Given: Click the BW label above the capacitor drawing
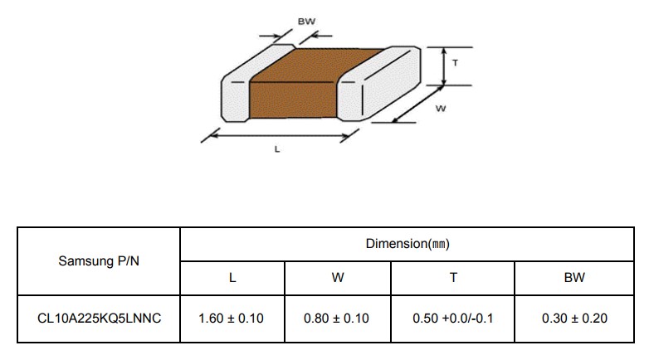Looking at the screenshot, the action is click(x=306, y=22).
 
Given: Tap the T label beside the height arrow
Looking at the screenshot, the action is click(x=456, y=63).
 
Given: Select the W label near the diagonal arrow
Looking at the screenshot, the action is click(x=441, y=109).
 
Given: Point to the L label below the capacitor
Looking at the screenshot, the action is click(x=277, y=149).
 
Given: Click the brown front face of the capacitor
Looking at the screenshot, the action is click(x=293, y=100).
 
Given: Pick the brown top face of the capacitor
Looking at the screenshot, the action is click(x=317, y=65).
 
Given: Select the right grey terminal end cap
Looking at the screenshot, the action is click(x=378, y=84).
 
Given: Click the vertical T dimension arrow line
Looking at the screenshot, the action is click(x=444, y=66).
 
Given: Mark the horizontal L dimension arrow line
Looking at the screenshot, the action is click(x=281, y=135).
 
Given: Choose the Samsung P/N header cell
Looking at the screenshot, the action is click(x=99, y=261).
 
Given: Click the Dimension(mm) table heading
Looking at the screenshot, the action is click(x=407, y=244).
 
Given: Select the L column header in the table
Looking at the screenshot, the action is click(x=232, y=278).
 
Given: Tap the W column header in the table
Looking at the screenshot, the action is click(x=338, y=278).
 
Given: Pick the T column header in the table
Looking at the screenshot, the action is click(x=453, y=278).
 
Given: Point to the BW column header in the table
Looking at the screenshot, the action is click(x=574, y=278).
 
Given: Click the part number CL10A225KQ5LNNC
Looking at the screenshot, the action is click(x=99, y=319).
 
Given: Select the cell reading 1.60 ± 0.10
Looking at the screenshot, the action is click(x=231, y=319).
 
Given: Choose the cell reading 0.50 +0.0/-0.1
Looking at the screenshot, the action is click(x=453, y=319).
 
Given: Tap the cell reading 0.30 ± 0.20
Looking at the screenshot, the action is click(x=574, y=319).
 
